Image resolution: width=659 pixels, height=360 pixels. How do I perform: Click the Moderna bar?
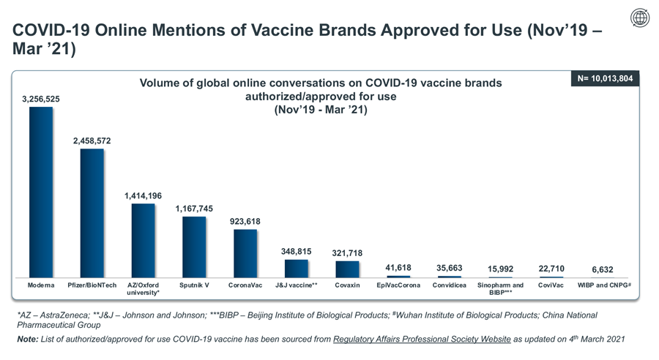pos(41,192)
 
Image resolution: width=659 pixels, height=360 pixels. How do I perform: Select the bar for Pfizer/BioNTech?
pos(92,213)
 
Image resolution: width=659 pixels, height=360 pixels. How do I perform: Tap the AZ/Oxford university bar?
pos(143,241)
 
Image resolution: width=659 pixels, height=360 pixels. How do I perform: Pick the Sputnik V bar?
pos(194,247)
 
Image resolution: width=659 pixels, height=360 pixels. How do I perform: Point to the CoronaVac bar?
pos(245,253)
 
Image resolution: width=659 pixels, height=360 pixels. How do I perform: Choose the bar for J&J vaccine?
pos(297,269)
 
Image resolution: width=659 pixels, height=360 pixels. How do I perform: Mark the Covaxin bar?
pos(347,269)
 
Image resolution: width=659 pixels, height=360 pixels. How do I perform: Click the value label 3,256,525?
pos(41,99)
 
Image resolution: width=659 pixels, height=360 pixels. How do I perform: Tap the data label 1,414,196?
pos(143,196)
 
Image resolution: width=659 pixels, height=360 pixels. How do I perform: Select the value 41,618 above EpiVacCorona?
pos(398,268)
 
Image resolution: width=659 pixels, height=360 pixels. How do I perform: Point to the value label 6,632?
pos(603,270)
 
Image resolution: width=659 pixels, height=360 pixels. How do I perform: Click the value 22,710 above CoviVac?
pos(551,269)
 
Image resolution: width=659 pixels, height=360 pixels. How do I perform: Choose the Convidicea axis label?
pos(450,285)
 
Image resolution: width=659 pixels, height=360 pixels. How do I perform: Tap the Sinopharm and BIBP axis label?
pos(500,288)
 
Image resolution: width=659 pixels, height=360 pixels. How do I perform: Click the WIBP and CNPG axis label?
pos(604,285)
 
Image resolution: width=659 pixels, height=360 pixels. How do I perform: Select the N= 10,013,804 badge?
pos(605,78)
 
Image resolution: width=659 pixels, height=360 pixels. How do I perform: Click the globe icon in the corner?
pos(640,18)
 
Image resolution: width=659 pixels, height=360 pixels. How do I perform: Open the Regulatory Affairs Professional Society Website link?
pos(422,339)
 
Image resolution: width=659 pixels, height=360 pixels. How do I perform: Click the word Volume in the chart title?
pos(157,83)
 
